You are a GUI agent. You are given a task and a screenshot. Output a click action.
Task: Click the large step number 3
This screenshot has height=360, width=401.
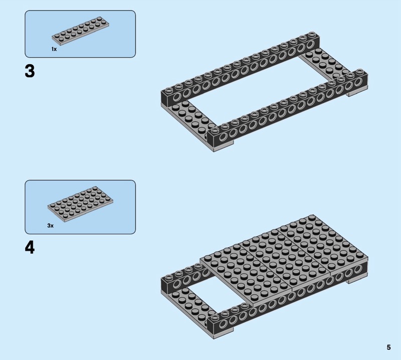coord(30,71)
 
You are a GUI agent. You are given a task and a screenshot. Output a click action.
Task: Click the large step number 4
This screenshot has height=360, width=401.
coord(30,247)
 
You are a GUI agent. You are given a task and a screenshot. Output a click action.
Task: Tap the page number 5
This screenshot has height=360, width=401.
coord(389,347)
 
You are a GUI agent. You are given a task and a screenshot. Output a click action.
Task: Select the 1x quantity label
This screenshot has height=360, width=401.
coord(54,49)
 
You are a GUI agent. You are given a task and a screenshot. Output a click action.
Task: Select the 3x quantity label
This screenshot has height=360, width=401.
coord(51,226)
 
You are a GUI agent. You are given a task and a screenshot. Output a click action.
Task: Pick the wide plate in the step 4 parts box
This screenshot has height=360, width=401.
coord(81,204)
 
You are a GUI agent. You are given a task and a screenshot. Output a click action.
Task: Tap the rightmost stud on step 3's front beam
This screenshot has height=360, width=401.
coord(359,71)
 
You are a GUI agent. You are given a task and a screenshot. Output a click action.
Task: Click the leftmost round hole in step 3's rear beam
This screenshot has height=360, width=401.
coord(176,97)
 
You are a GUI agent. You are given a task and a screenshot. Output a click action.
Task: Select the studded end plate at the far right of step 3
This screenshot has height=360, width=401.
coord(327,64)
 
